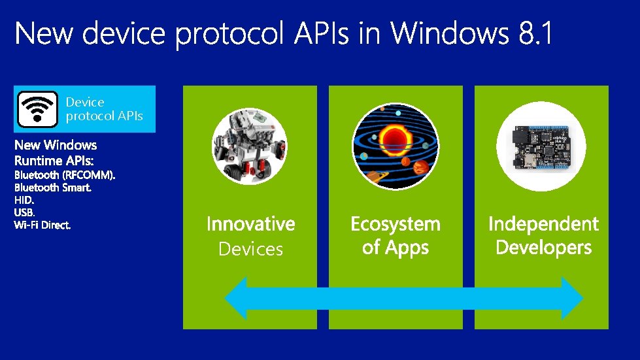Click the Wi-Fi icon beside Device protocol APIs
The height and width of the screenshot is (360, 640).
pyautogui.click(x=37, y=109)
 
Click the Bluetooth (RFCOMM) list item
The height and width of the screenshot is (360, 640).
pyautogui.click(x=65, y=175)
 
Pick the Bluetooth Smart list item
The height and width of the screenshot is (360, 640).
pyautogui.click(x=53, y=188)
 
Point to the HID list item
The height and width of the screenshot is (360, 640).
pyautogui.click(x=24, y=200)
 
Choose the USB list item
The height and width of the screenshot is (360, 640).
pyautogui.click(x=24, y=212)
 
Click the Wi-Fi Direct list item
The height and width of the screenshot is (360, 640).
pyautogui.click(x=42, y=225)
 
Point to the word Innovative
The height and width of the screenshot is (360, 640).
pyautogui.click(x=250, y=224)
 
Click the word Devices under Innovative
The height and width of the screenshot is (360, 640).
pyautogui.click(x=250, y=249)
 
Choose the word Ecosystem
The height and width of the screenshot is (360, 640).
pyautogui.click(x=396, y=224)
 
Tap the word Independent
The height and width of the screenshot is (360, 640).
pyautogui.click(x=543, y=224)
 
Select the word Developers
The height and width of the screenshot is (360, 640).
pyautogui.click(x=543, y=248)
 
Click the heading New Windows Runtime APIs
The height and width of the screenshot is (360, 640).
pyautogui.click(x=56, y=152)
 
